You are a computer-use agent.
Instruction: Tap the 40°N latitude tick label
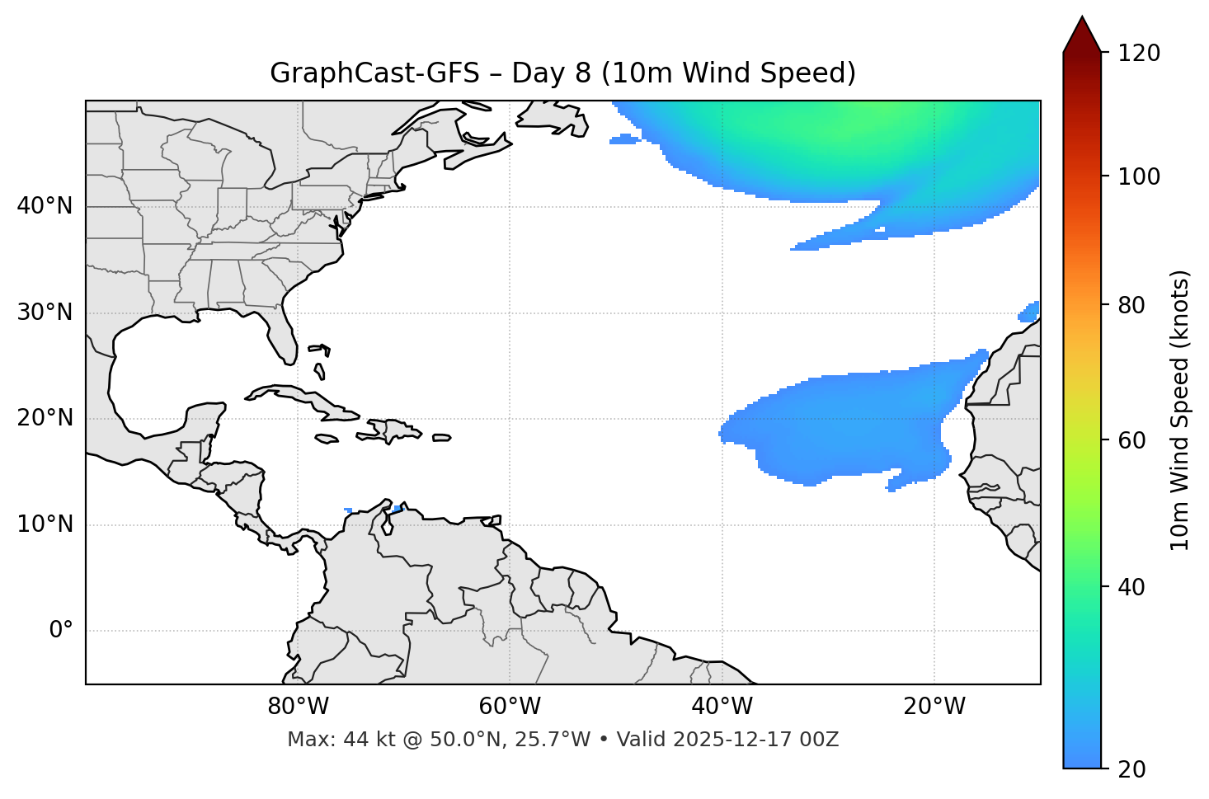[45, 206]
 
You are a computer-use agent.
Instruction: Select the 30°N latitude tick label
[45, 313]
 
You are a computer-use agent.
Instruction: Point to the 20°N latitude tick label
[45, 418]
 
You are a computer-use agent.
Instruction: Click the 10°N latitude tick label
[45, 524]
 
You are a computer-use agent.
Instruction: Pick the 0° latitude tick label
[61, 631]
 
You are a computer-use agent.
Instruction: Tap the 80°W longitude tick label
[298, 707]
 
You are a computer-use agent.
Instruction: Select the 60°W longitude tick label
[510, 707]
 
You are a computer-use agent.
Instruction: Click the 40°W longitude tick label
[722, 707]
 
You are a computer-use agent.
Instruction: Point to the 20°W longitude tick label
[934, 707]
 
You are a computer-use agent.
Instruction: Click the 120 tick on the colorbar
[1139, 54]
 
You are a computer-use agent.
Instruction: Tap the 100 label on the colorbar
[1139, 176]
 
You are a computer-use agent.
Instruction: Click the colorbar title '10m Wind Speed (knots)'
[1180, 410]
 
